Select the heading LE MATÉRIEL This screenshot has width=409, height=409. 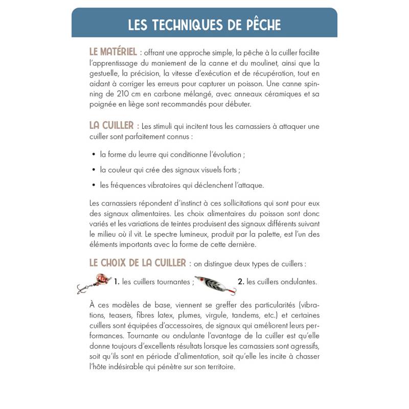pos(112,52)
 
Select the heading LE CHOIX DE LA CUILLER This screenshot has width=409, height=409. pos(137,263)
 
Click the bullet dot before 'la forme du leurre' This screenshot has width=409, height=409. pos(94,154)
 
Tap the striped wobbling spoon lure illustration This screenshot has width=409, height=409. pos(215,285)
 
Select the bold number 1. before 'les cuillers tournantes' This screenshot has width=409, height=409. pos(117,282)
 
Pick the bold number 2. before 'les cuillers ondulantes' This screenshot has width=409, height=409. pos(241,282)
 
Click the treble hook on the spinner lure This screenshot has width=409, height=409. pos(81,289)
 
